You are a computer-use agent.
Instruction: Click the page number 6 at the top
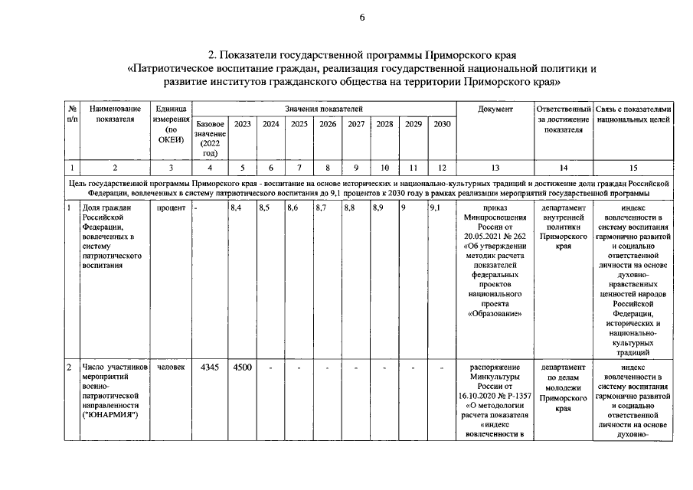(x=362, y=18)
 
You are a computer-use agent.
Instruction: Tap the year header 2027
(x=356, y=124)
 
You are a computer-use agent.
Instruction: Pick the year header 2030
(x=442, y=124)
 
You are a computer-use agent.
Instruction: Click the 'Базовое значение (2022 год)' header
(x=210, y=139)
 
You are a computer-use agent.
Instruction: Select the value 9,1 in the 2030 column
(x=435, y=207)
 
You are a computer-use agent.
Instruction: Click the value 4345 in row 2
(x=209, y=367)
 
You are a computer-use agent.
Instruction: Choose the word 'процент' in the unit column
(x=171, y=207)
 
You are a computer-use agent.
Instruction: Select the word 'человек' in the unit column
(x=171, y=367)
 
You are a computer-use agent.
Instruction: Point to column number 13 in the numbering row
(x=495, y=167)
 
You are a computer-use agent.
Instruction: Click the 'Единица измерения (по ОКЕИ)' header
(x=171, y=124)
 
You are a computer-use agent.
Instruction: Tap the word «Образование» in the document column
(x=495, y=313)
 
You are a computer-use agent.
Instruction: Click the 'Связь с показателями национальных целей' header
(x=634, y=114)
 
